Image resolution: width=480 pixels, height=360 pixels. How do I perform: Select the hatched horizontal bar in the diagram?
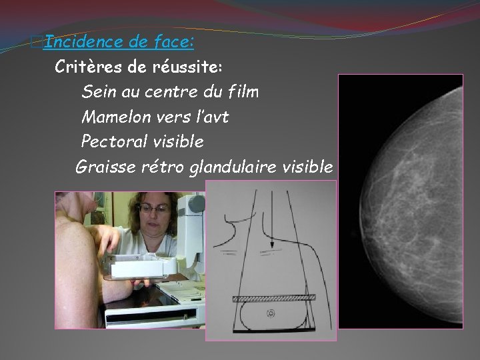273,297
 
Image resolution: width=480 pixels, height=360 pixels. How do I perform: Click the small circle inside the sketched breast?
270,312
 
